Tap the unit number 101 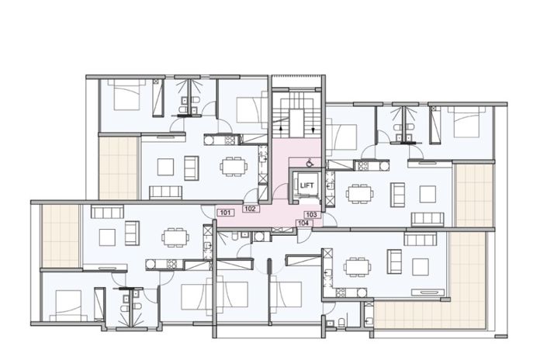(225, 212)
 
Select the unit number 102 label (250, 209)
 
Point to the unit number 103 (311, 214)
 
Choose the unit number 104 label (305, 223)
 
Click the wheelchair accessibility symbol (309, 163)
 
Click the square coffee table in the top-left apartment (165, 164)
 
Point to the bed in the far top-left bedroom (124, 96)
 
